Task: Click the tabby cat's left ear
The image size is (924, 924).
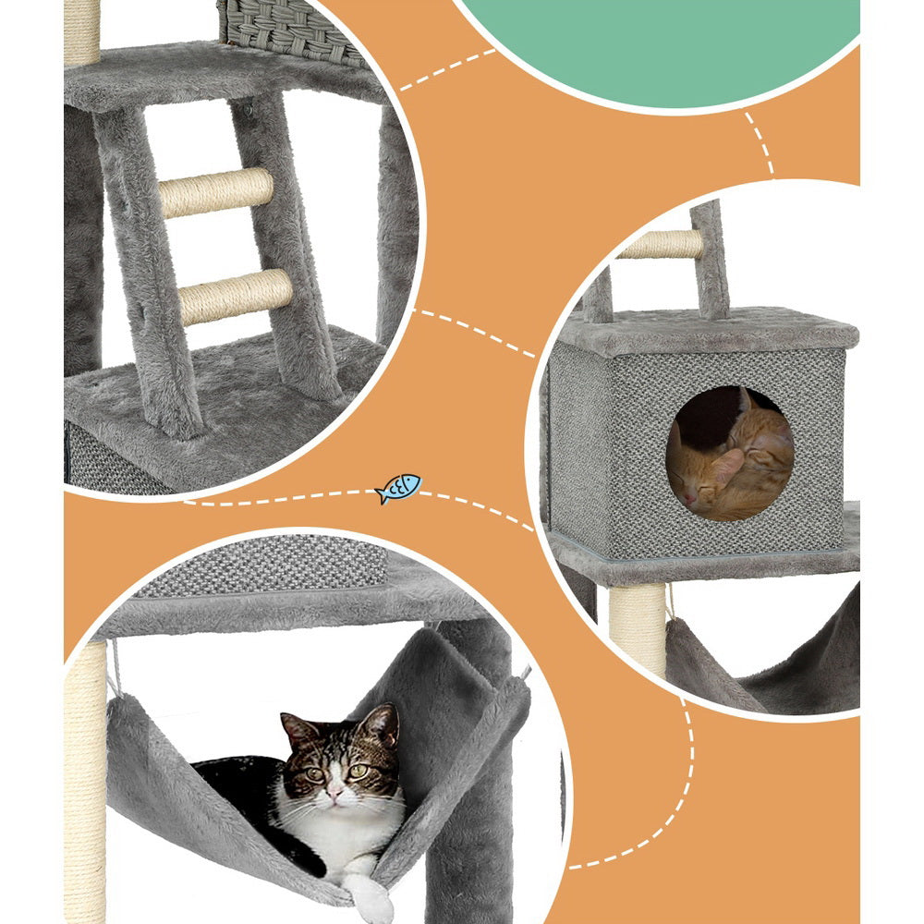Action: coord(297,730)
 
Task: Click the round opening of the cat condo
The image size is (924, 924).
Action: coord(729,453)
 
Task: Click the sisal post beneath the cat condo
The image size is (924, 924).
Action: coord(637,628)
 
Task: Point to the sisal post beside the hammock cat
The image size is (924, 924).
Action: coord(84,785)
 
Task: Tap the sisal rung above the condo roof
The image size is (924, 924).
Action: coord(660,244)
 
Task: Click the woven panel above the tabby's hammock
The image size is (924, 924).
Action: coord(263,563)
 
